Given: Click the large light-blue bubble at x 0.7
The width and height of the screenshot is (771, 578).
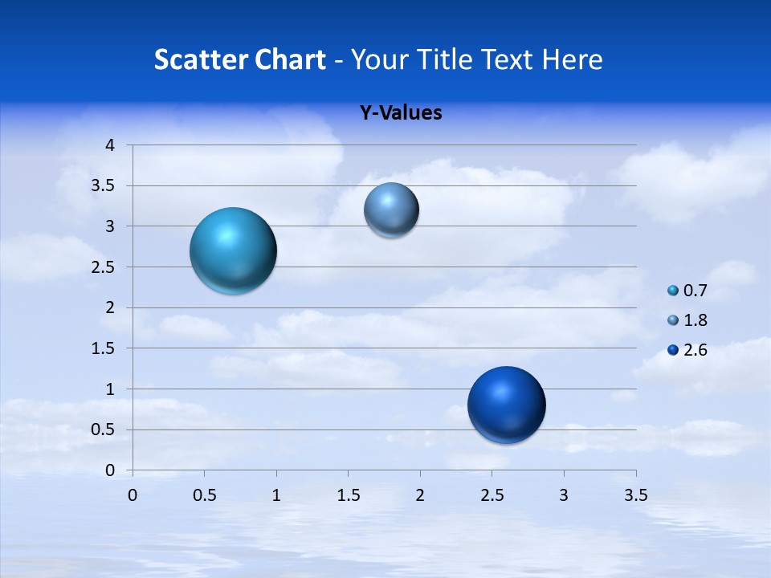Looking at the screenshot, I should (x=233, y=250).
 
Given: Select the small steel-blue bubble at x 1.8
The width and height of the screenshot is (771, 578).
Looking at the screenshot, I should (x=391, y=210).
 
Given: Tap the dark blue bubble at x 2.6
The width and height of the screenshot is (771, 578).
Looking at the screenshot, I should (x=506, y=405).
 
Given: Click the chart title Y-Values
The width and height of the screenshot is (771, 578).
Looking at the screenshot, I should (x=401, y=113).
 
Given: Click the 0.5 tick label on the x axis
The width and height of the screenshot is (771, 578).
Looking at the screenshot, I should (x=204, y=495).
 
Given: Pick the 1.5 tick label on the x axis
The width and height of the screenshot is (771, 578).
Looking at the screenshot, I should (x=348, y=495).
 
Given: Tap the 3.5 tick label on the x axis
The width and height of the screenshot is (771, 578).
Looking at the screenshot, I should (x=635, y=495).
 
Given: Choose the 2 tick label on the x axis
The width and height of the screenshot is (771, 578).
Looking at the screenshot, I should (x=420, y=495).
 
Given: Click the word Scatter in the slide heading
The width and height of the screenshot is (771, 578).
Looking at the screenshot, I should (x=201, y=59).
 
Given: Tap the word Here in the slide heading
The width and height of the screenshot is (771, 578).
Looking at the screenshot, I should (x=572, y=59).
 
